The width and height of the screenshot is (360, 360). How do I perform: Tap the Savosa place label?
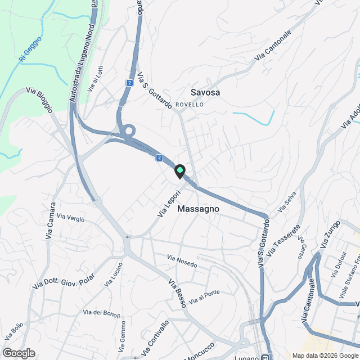click(x=205, y=92)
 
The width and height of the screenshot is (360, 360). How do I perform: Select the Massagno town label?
click(x=197, y=209)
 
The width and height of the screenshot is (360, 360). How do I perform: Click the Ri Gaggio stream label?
click(x=30, y=50)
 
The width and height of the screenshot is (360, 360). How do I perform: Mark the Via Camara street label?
click(x=51, y=220)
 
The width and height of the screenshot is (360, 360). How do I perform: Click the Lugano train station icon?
click(x=264, y=357)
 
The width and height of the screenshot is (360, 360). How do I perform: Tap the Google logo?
click(x=19, y=353)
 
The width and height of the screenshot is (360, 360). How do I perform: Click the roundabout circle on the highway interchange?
click(x=128, y=131)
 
